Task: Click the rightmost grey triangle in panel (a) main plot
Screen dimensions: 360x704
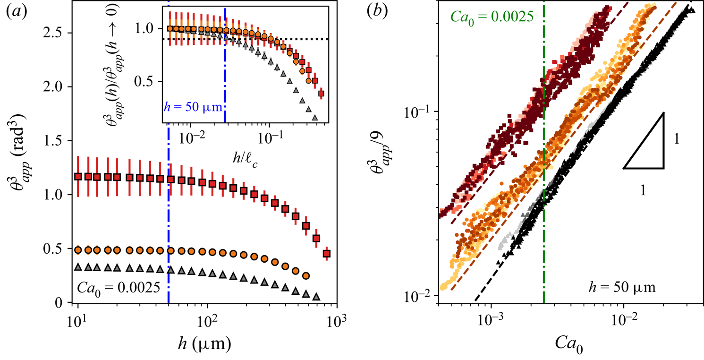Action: [316, 296]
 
